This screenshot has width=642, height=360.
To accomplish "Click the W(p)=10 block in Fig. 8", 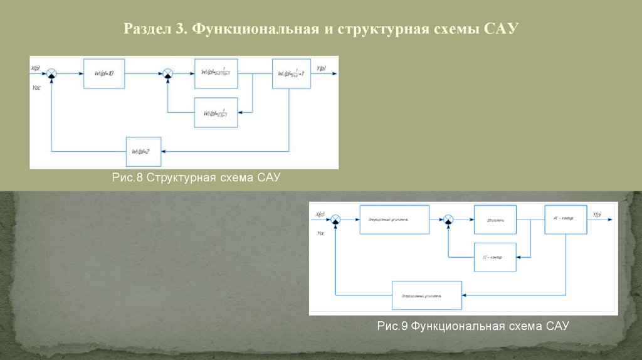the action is [x=104, y=74].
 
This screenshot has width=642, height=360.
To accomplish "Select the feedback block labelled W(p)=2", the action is [x=143, y=151].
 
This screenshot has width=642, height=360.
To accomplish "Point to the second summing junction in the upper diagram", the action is [x=167, y=74].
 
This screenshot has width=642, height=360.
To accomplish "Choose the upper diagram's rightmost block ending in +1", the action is [x=290, y=74].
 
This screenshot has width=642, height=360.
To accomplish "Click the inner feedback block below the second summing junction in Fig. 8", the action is [x=216, y=113].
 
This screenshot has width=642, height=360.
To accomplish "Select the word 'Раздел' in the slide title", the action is [x=145, y=29].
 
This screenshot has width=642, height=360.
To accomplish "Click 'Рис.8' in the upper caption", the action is [x=128, y=179].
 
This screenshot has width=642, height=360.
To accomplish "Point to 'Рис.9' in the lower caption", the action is [x=392, y=326].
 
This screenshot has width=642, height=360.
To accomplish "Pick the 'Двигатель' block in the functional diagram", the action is [x=495, y=220].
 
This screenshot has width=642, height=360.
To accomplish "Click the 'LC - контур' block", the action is [x=495, y=257].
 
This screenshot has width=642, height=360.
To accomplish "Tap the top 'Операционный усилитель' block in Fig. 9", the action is [x=394, y=220].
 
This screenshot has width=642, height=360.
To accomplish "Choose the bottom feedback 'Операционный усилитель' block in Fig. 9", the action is [x=426, y=294].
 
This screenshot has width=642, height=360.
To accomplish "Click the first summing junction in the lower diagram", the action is [x=336, y=220].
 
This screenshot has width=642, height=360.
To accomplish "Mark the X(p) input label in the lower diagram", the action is [x=319, y=214].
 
